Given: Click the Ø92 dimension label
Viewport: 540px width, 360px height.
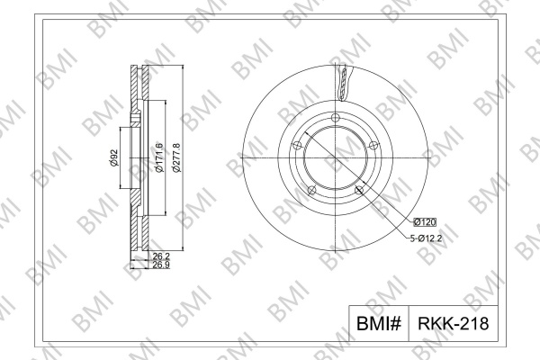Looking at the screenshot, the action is (114, 157).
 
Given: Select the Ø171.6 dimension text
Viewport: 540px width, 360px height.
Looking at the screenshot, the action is (159, 157).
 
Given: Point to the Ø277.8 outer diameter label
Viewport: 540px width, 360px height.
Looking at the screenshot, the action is (176, 157).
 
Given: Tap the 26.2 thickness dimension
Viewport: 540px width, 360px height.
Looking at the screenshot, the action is (161, 256).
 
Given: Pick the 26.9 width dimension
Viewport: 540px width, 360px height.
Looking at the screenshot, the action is (161, 265).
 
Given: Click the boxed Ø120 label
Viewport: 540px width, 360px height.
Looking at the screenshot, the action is (425, 222).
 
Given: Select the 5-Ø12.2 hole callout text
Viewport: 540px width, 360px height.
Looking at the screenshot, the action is (426, 238).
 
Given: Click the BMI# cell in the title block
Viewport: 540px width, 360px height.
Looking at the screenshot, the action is (379, 323).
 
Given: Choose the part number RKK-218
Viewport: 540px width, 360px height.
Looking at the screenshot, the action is (454, 323).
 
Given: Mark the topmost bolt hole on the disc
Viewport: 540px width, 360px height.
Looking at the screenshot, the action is (336, 118).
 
